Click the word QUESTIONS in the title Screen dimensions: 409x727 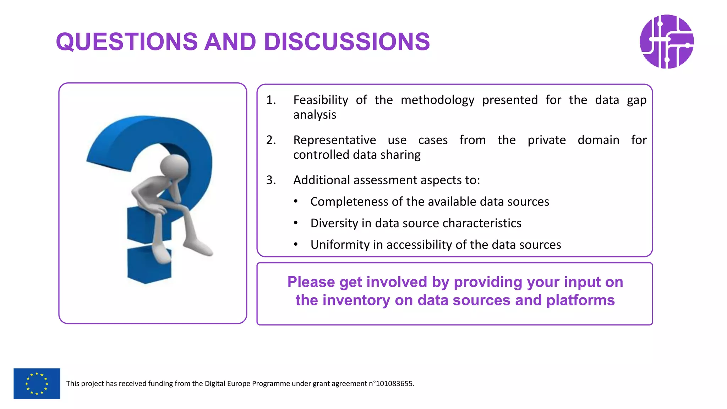click(127, 42)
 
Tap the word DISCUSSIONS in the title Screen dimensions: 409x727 click(347, 42)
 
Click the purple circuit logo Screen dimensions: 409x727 click(666, 42)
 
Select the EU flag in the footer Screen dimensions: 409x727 click(37, 383)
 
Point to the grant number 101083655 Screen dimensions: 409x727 click(394, 383)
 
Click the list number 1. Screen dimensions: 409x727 click(271, 100)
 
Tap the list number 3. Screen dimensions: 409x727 click(271, 180)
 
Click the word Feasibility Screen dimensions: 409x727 click(321, 100)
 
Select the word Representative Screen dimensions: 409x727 click(334, 140)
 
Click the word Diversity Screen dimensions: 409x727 click(334, 223)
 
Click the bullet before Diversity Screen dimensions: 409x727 click(296, 223)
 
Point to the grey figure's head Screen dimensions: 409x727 click(174, 166)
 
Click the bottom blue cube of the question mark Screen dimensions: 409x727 click(149, 265)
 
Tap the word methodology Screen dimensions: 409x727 click(437, 100)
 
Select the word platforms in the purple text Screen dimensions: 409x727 click(580, 300)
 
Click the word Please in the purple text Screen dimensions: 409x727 click(311, 282)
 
